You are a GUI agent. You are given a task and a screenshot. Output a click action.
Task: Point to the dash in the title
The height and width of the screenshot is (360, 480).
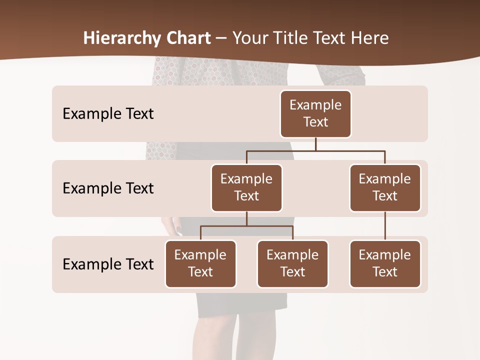[x=221, y=38]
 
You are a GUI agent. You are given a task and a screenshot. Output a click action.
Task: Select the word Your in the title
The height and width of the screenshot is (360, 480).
[x=249, y=38]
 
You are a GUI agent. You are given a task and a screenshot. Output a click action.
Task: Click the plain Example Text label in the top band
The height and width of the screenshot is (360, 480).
[x=108, y=113]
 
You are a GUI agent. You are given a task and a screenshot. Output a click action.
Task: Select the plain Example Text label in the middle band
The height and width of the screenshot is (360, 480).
[x=108, y=188]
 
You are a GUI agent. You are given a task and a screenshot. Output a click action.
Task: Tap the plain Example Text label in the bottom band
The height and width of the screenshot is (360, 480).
[x=108, y=264]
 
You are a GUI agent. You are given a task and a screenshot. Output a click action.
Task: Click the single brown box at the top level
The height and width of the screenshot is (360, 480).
[x=315, y=113]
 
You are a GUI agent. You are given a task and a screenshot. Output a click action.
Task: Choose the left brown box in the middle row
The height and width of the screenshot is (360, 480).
[x=246, y=187]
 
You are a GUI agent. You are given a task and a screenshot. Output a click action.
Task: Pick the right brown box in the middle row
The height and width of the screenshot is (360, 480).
[x=385, y=187]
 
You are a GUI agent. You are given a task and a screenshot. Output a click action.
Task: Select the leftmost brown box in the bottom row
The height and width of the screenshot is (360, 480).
[x=200, y=263]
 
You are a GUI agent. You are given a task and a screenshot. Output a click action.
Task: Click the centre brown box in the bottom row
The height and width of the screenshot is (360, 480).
[x=292, y=263]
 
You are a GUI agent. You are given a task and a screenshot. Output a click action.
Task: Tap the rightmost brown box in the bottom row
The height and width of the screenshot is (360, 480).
[x=385, y=263]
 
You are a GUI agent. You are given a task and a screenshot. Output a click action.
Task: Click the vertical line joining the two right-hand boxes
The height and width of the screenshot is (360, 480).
[x=385, y=226]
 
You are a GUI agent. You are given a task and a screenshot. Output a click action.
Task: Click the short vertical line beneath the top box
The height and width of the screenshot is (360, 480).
[x=315, y=144]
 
